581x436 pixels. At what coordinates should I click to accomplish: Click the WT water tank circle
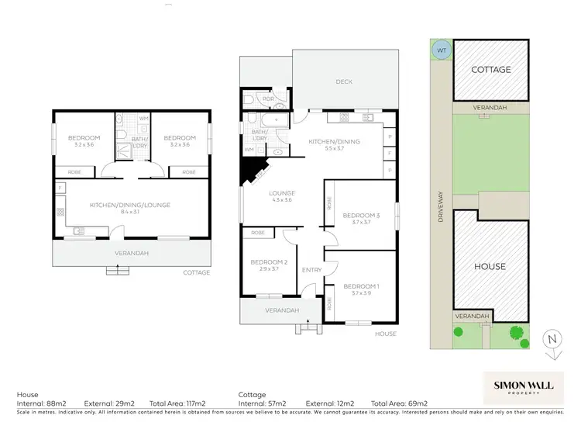(x=442, y=50)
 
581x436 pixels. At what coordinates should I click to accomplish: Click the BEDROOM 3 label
(x=362, y=215)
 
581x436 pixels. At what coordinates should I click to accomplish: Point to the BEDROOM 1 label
(x=362, y=285)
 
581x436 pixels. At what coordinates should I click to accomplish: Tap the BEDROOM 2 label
(x=264, y=262)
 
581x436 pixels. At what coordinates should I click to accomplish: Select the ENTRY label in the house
(x=311, y=269)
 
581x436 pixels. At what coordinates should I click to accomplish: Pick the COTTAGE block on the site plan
(x=491, y=70)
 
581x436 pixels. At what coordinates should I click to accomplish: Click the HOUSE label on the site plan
(x=490, y=266)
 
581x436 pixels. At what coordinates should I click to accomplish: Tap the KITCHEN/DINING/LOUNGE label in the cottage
(x=129, y=205)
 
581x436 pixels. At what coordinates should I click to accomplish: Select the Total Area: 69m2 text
(x=401, y=403)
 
